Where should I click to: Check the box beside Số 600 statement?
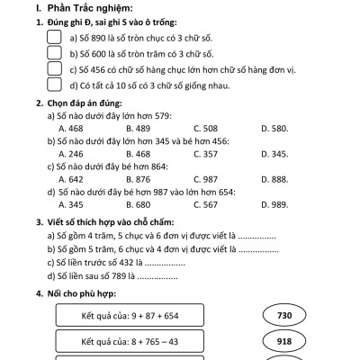[x=53, y=52]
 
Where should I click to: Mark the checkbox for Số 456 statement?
[x=53, y=68]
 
